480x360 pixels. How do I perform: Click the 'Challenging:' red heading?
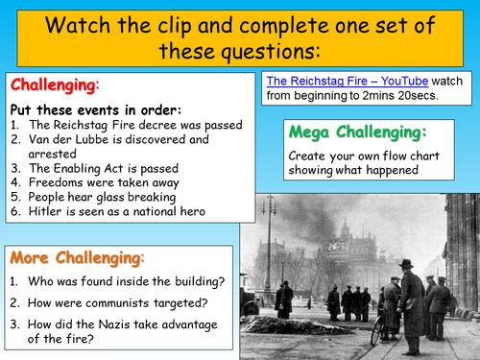click(54, 85)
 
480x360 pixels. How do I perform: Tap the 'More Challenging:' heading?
click(77, 257)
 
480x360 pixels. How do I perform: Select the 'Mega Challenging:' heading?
click(356, 132)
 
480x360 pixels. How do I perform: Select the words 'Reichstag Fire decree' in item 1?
click(107, 124)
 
